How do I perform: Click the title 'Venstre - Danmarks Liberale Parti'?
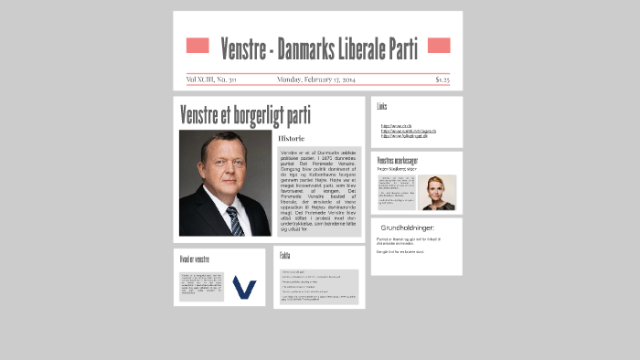pyautogui.click(x=319, y=48)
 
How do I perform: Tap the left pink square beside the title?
pyautogui.click(x=197, y=46)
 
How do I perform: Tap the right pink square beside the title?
pyautogui.click(x=439, y=46)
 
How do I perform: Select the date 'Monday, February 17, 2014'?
pyautogui.click(x=315, y=79)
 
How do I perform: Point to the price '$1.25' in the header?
pyautogui.click(x=442, y=79)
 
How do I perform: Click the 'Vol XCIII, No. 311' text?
pyautogui.click(x=211, y=79)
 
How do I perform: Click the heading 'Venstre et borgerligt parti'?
pyautogui.click(x=245, y=116)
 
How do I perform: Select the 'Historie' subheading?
pyautogui.click(x=291, y=138)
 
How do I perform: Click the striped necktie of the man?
pyautogui.click(x=235, y=220)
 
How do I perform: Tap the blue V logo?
pyautogui.click(x=244, y=287)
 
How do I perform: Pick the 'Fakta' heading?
pyautogui.click(x=285, y=256)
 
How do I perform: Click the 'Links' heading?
pyautogui.click(x=382, y=107)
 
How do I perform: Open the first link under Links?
pyautogui.click(x=396, y=125)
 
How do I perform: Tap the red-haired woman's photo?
pyautogui.click(x=440, y=193)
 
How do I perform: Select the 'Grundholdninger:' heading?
pyautogui.click(x=408, y=228)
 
